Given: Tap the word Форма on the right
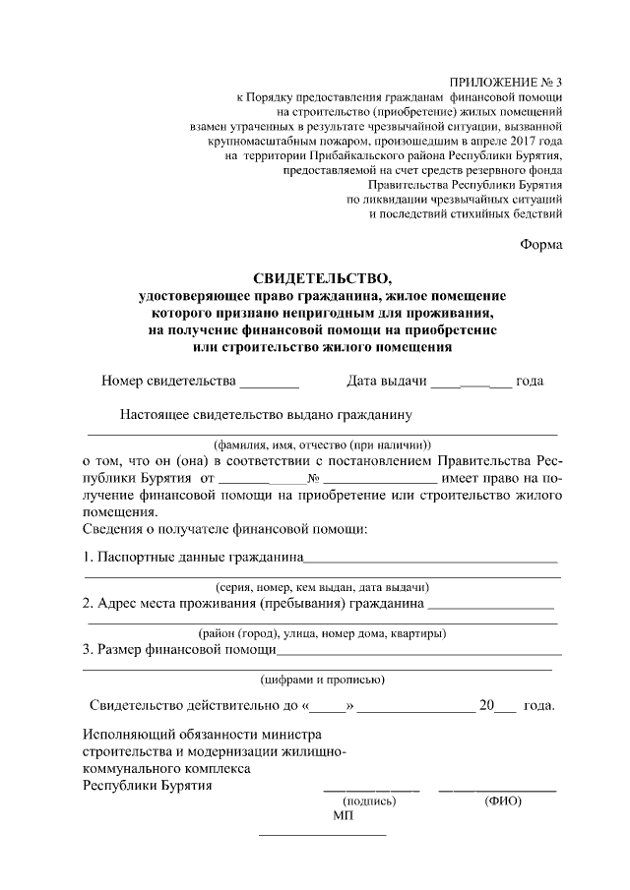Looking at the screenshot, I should (x=541, y=244).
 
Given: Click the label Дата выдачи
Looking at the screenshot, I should (x=386, y=381).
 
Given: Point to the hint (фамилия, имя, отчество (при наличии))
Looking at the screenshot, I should (x=323, y=444).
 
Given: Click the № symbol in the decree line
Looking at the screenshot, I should (x=315, y=478).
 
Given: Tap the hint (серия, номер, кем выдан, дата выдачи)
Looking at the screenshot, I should (x=323, y=586).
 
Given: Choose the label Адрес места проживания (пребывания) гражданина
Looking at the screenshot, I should (x=254, y=603).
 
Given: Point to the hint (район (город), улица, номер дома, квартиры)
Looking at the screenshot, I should (x=322, y=631).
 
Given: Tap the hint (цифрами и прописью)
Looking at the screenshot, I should (x=322, y=680).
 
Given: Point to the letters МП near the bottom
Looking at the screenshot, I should (x=342, y=815).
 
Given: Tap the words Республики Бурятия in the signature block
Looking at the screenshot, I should (x=147, y=786).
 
